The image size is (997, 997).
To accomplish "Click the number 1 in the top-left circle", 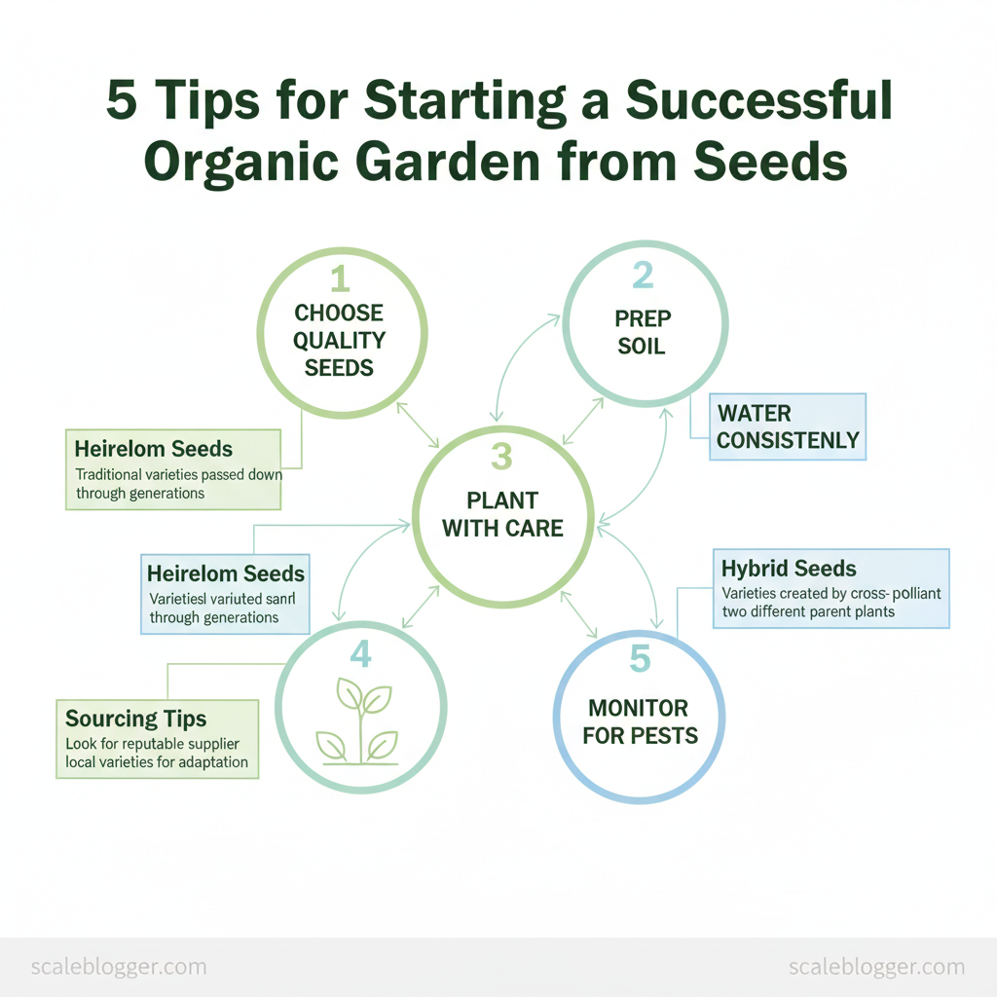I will click(339, 279).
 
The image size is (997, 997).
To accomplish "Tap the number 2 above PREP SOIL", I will click(643, 277).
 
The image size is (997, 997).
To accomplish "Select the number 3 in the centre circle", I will click(501, 457).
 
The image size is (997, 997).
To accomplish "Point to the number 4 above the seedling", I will click(360, 655).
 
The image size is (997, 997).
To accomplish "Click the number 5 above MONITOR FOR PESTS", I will click(639, 659).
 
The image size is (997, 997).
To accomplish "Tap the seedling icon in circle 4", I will click(360, 720).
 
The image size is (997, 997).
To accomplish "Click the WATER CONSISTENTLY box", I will click(788, 426).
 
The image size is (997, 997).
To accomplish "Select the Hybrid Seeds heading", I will click(789, 568).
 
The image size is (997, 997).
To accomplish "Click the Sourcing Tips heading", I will click(135, 719).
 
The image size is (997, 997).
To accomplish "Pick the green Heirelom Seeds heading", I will click(154, 449).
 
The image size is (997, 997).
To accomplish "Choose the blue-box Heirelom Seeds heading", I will click(226, 573).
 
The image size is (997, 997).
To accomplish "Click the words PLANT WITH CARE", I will click(502, 514).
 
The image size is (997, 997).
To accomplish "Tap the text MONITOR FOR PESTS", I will click(640, 720).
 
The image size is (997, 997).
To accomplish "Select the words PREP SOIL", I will click(642, 332).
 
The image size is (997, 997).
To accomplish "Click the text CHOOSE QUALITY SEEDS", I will click(339, 340).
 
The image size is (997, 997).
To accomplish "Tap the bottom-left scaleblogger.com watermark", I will click(119, 967).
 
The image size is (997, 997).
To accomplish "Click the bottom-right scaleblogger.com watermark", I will click(875, 967).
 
